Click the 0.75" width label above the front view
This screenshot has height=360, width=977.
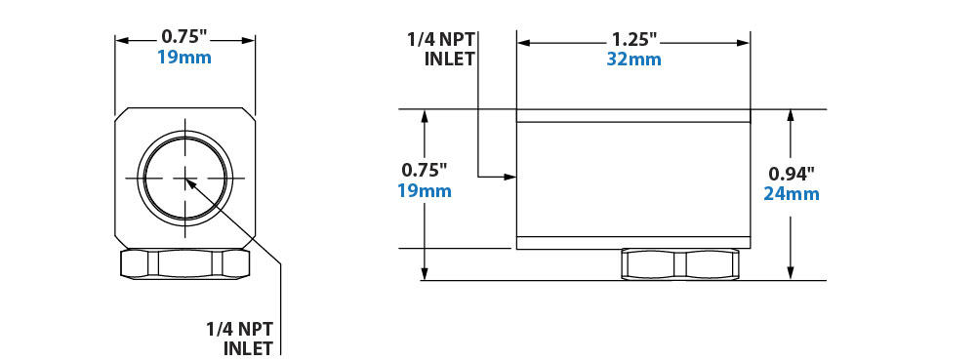(x=183, y=37)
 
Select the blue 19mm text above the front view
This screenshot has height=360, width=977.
(x=183, y=58)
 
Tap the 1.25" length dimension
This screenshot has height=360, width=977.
(x=634, y=40)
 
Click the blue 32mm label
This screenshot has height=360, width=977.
(x=633, y=60)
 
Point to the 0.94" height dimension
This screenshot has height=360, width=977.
(x=792, y=173)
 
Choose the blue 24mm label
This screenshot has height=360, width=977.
(x=792, y=194)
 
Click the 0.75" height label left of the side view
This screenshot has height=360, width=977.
(x=425, y=170)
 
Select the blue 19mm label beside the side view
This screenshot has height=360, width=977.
(x=425, y=190)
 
